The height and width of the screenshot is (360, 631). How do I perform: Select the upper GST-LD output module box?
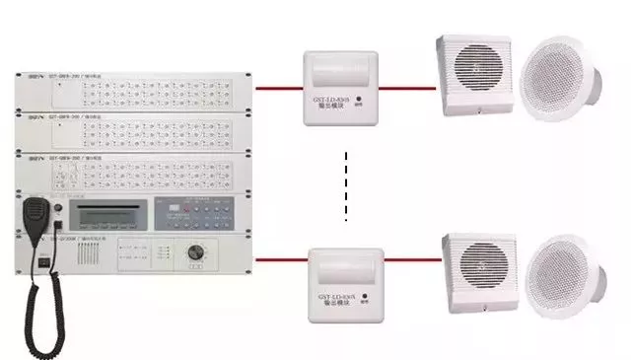(340, 88)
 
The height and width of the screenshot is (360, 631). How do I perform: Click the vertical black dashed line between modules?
(347, 187)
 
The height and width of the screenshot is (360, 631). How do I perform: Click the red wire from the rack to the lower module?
(282, 260)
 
